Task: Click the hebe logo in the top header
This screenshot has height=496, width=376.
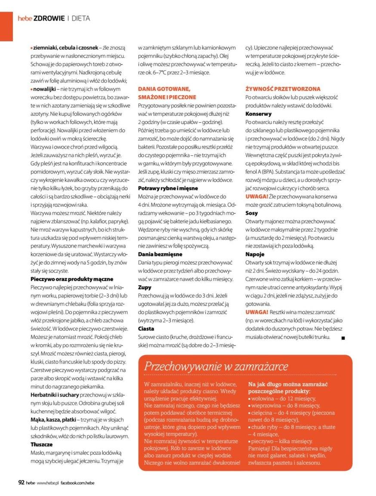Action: coord(25,18)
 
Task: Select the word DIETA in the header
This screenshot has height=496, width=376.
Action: coord(80,18)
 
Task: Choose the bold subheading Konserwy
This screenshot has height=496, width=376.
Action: coord(258,114)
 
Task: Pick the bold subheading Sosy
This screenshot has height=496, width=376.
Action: coord(252,213)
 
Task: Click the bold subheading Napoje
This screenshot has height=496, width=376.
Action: coord(254,254)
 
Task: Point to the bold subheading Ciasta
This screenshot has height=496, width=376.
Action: coord(146,328)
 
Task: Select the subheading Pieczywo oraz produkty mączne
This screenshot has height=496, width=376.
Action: coord(72,279)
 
